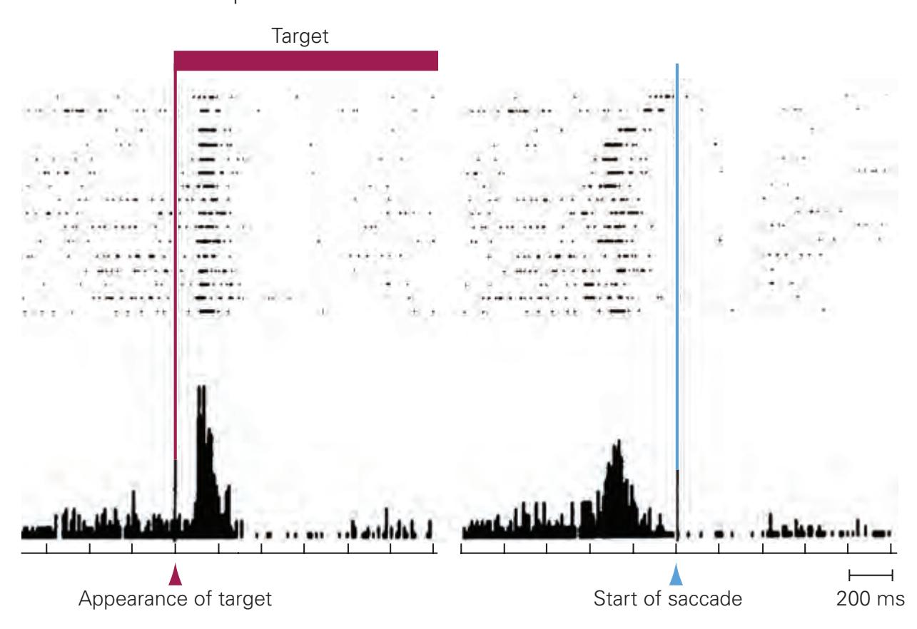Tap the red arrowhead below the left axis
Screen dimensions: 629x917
coord(175,575)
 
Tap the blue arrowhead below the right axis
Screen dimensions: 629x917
coord(677,575)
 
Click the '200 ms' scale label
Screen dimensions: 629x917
coord(871,599)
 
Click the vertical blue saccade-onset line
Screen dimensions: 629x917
coord(677,285)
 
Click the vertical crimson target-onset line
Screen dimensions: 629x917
coord(175,285)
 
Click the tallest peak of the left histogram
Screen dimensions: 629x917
coord(201,389)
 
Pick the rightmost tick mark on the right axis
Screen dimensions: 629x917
coord(891,548)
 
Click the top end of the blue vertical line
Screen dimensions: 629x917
coord(677,66)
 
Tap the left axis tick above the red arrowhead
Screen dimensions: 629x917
coord(175,548)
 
